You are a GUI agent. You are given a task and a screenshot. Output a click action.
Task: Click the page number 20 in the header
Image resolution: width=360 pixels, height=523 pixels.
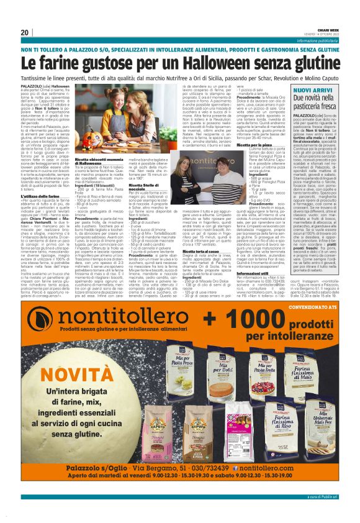tap(24, 32)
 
